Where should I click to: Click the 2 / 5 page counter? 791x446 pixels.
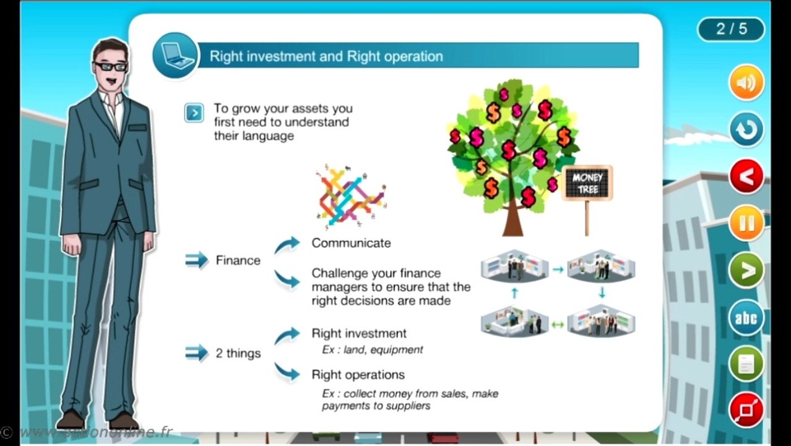[731, 29]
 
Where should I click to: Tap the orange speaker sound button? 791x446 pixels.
[746, 83]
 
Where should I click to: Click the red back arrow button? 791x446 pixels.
[746, 177]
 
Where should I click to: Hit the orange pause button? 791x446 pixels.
[746, 223]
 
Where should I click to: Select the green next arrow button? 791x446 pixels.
[746, 270]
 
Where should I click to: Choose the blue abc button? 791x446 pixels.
[746, 318]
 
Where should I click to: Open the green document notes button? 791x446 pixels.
[746, 364]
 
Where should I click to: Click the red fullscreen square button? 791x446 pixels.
[746, 410]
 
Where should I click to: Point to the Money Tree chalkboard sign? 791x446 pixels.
[587, 183]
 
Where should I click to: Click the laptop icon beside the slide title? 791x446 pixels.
[175, 56]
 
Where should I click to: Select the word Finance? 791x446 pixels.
[238, 261]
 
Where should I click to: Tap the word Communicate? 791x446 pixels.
[351, 243]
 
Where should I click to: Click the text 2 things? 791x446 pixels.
[238, 354]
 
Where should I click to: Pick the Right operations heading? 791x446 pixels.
[358, 375]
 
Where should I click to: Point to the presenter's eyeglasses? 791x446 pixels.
[111, 66]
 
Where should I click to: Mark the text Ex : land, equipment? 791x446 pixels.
[372, 350]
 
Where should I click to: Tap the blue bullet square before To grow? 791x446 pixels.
[194, 113]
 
